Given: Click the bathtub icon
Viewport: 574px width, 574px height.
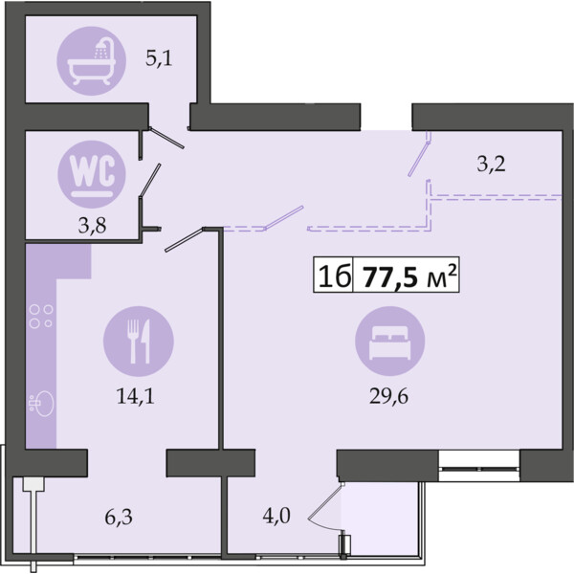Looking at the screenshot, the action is point(92,61).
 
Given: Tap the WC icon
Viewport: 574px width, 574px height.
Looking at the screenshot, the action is point(92,174).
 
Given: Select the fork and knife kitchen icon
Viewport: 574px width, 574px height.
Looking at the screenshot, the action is point(139,342).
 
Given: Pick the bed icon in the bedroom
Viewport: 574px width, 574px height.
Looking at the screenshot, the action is point(390,342).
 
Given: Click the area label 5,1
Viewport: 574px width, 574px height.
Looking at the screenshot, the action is point(159,58).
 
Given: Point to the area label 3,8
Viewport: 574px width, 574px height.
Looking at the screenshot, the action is point(92,226).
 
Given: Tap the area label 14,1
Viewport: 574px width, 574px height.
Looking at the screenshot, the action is point(136,396).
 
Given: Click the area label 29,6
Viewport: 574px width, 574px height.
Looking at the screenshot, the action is point(388,396).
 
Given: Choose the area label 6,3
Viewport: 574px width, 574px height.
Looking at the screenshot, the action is point(119,518).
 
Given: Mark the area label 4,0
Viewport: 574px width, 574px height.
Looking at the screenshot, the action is point(276,516).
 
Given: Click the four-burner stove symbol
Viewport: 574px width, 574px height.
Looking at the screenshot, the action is point(41,317).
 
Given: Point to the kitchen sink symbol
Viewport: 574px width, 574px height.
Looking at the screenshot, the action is point(41,404).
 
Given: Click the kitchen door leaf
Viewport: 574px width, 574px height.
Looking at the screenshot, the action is point(184,240).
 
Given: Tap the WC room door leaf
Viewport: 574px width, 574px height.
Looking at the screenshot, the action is point(150,181).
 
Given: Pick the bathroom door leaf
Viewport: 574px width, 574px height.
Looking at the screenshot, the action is point(166,138).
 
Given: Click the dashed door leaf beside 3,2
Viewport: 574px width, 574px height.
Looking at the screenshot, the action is point(418,159).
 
